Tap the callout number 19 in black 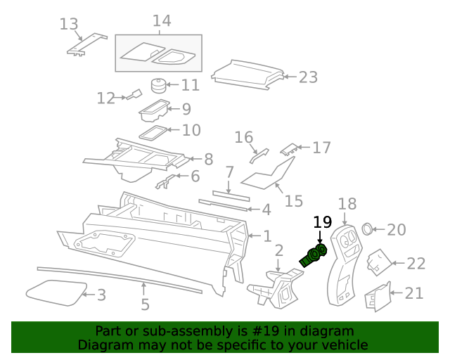pos(322,222)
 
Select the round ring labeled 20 pos(366,229)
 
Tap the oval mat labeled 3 pos(55,292)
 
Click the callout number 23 pos(309,77)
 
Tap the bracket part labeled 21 pos(378,297)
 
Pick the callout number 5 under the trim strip pos(145,305)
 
